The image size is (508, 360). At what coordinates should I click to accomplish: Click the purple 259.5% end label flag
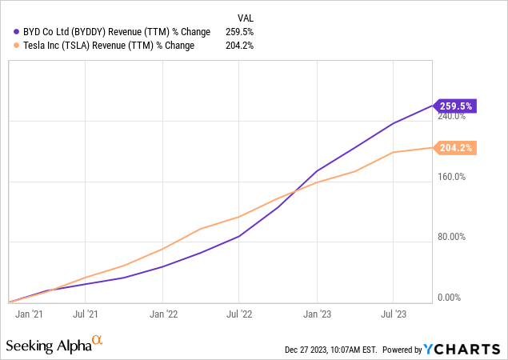456,106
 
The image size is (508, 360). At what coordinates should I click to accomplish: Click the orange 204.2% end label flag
456,148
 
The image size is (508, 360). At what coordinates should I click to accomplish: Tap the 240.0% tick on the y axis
451,117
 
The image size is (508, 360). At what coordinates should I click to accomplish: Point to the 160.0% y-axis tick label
451,177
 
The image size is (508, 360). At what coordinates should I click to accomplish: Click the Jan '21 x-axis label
29,314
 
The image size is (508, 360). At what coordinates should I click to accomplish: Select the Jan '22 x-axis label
163,314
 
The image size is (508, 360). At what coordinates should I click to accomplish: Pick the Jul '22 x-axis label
240,314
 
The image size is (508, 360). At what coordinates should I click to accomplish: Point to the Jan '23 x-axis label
318,314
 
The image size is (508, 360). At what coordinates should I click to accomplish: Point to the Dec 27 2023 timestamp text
330,350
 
